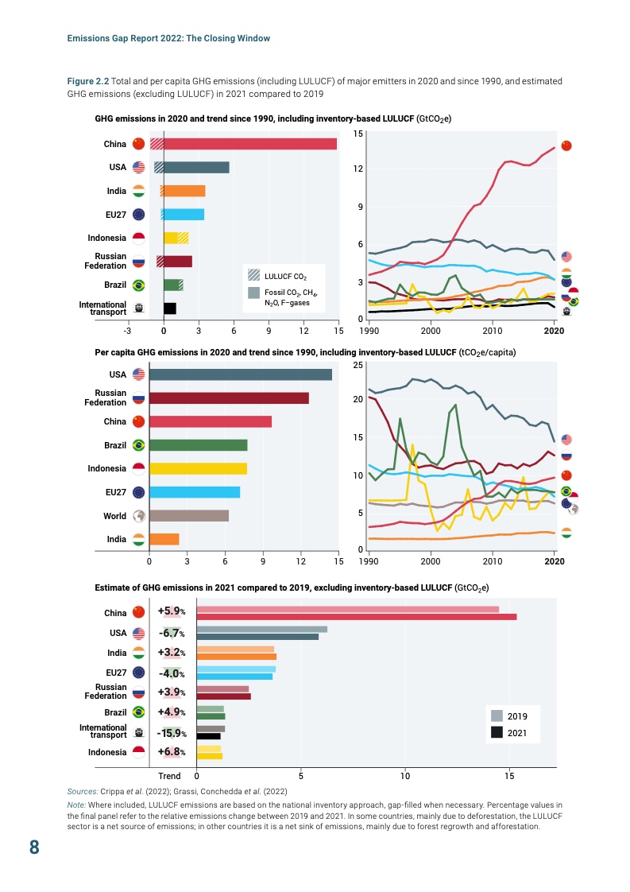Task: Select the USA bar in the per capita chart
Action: click(x=240, y=374)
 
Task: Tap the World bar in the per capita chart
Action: click(x=189, y=516)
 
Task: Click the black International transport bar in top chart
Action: click(x=169, y=308)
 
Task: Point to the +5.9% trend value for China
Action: click(x=172, y=612)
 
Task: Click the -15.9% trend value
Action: click(x=172, y=733)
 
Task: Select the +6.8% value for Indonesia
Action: click(x=172, y=752)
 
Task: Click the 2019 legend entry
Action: click(x=516, y=716)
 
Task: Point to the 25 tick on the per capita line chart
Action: click(x=358, y=365)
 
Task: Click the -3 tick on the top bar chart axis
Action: click(x=127, y=330)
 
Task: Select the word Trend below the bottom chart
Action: click(x=169, y=776)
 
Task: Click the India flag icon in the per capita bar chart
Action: click(x=138, y=540)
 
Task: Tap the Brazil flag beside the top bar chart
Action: click(x=138, y=285)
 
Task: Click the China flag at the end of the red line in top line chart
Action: click(x=566, y=145)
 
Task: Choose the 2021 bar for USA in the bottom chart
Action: click(x=257, y=637)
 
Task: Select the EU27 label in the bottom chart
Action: click(x=117, y=673)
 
